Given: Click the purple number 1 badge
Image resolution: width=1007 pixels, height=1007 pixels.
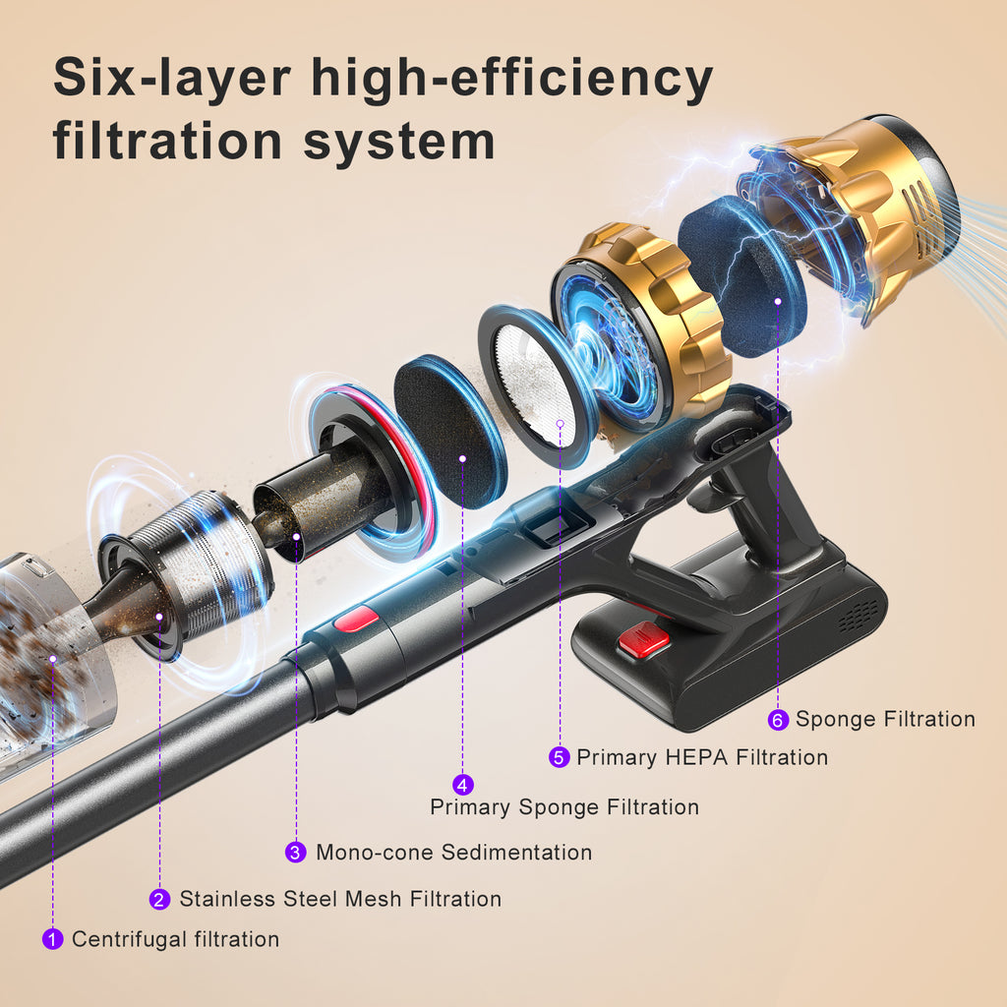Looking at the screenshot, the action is (x=53, y=939).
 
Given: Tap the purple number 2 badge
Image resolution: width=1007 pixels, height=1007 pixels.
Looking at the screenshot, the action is (x=160, y=899).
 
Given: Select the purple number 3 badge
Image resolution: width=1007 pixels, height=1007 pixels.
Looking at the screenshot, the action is (x=295, y=853).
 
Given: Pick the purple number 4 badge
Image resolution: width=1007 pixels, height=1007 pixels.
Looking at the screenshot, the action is (x=463, y=784).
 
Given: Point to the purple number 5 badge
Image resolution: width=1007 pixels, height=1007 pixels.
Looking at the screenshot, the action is (x=560, y=757).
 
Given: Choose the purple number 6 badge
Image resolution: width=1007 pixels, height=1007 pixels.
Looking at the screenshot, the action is (x=779, y=719).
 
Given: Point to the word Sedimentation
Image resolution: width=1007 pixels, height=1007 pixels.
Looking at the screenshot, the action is (x=516, y=853).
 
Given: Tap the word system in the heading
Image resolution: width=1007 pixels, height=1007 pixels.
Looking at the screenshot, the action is (x=399, y=142).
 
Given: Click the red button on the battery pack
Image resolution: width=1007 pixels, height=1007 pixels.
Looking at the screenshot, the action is (x=643, y=641).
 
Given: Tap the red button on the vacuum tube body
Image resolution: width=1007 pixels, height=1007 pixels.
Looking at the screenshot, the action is (x=356, y=620).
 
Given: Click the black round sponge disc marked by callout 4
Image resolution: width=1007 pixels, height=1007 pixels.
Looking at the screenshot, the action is (x=450, y=432).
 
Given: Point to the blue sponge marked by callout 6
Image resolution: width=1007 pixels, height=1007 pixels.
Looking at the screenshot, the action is (x=741, y=277).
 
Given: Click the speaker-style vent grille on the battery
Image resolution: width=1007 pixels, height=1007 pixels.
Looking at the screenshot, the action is (x=858, y=617).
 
